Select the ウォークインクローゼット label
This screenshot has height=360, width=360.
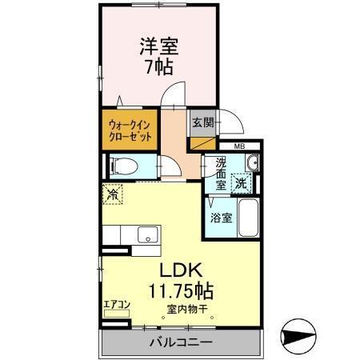(x=130, y=130)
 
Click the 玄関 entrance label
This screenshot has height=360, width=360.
(x=202, y=123)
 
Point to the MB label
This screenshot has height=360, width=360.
(x=239, y=146)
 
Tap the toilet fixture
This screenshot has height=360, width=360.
(x=124, y=166)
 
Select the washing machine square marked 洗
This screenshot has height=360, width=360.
(x=241, y=182)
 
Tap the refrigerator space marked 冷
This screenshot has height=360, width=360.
(x=113, y=194)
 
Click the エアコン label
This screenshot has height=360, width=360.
(x=118, y=306)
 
